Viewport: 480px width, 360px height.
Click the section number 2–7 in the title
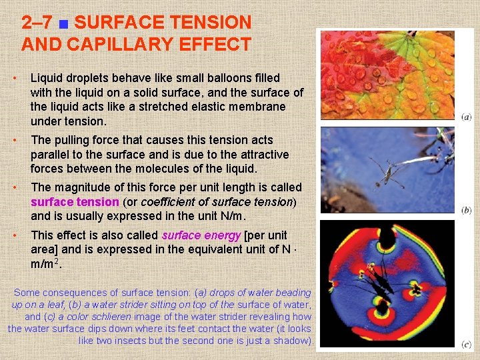click(36, 23)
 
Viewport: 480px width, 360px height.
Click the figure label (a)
click(466, 117)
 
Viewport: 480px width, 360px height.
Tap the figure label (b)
click(466, 210)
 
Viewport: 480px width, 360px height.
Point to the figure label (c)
click(466, 344)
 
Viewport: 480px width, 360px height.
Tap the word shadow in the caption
click(293, 341)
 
